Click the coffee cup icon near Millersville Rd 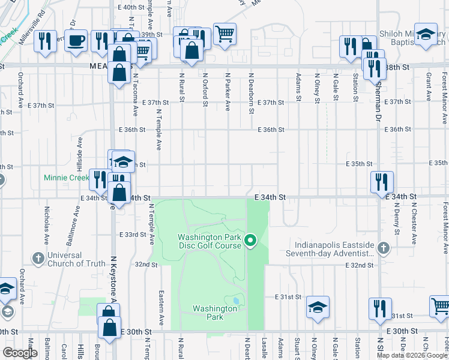[76, 41]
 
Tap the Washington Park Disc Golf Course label [209, 241]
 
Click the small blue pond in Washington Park [236, 300]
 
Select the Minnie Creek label [65, 178]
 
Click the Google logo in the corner [20, 353]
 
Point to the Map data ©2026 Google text [411, 355]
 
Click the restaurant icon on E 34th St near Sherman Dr [381, 181]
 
